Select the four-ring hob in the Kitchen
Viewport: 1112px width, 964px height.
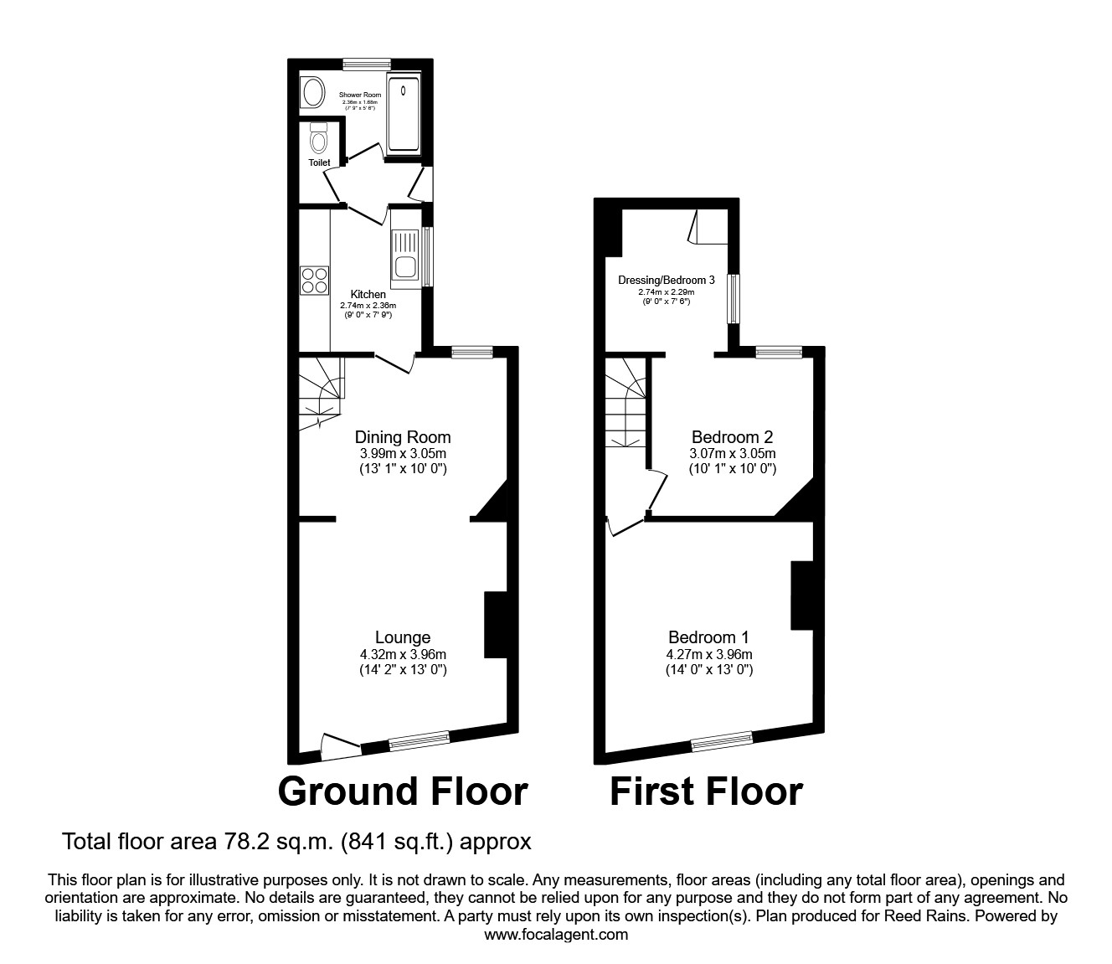tap(315, 279)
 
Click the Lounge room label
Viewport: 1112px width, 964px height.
tap(403, 638)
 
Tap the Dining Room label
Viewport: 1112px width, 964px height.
tap(403, 437)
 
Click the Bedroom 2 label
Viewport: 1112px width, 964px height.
tap(732, 437)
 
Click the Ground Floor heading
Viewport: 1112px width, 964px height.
tap(403, 791)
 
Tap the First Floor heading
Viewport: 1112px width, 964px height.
tap(706, 791)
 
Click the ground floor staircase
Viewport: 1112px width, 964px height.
tap(321, 390)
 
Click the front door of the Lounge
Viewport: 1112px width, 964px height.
tap(340, 747)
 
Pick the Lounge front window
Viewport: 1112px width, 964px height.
tap(419, 739)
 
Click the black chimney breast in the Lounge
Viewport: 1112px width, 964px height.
tap(496, 625)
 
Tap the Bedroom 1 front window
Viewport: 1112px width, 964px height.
tap(721, 739)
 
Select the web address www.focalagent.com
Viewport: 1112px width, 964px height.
tap(556, 935)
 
